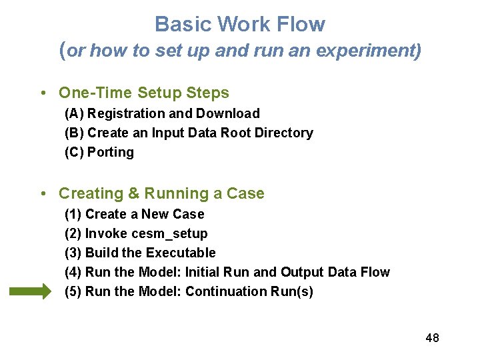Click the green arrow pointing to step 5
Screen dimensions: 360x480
pos(29,291)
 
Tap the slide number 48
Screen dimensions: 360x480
pos(432,338)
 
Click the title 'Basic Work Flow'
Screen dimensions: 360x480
pos(240,25)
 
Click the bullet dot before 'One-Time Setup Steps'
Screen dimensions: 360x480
pos(43,93)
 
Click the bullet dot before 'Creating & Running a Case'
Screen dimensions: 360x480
pos(43,194)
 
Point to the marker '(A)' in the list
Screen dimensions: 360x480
pos(74,114)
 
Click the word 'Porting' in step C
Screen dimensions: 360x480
pos(111,153)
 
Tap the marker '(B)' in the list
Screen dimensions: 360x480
pos(74,133)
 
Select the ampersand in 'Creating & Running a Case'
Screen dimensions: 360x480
pos(133,194)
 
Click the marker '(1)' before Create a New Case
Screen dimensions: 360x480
pos(73,215)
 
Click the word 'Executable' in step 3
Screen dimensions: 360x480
pos(181,253)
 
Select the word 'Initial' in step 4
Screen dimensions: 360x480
pos(205,273)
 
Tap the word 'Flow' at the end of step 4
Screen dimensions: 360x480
pos(375,273)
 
